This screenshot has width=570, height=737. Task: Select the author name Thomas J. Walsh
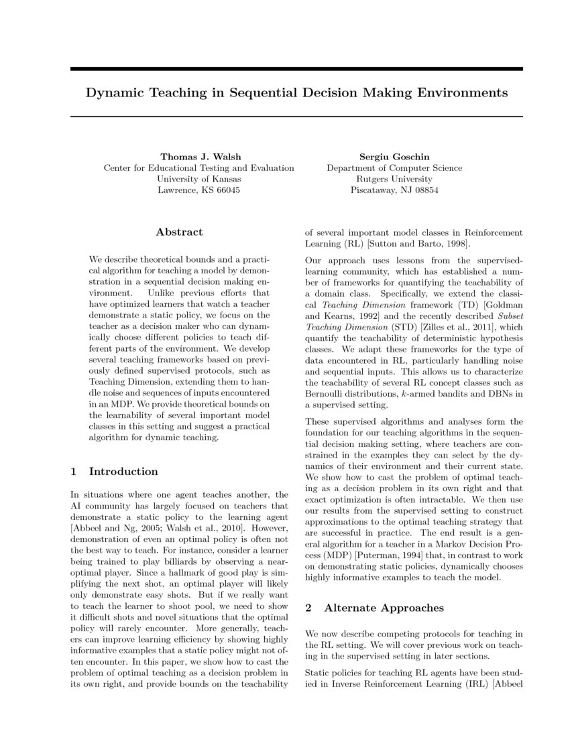point(198,157)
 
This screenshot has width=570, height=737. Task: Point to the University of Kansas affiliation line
point(198,179)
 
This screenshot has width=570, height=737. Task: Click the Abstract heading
point(179,232)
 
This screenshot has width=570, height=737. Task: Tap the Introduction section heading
point(123,471)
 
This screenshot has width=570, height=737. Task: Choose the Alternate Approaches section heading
point(384,608)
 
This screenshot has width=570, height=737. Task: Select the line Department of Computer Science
point(394,168)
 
